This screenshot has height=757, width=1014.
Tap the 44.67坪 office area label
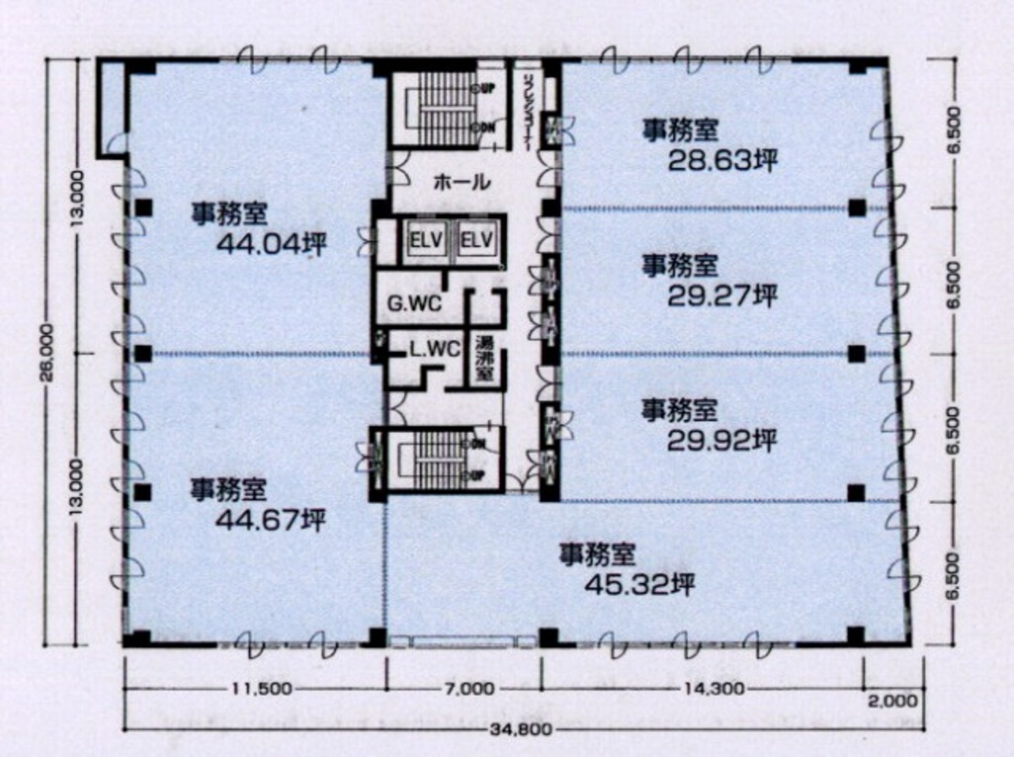[x=270, y=521]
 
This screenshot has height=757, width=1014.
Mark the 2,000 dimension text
[x=892, y=700]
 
